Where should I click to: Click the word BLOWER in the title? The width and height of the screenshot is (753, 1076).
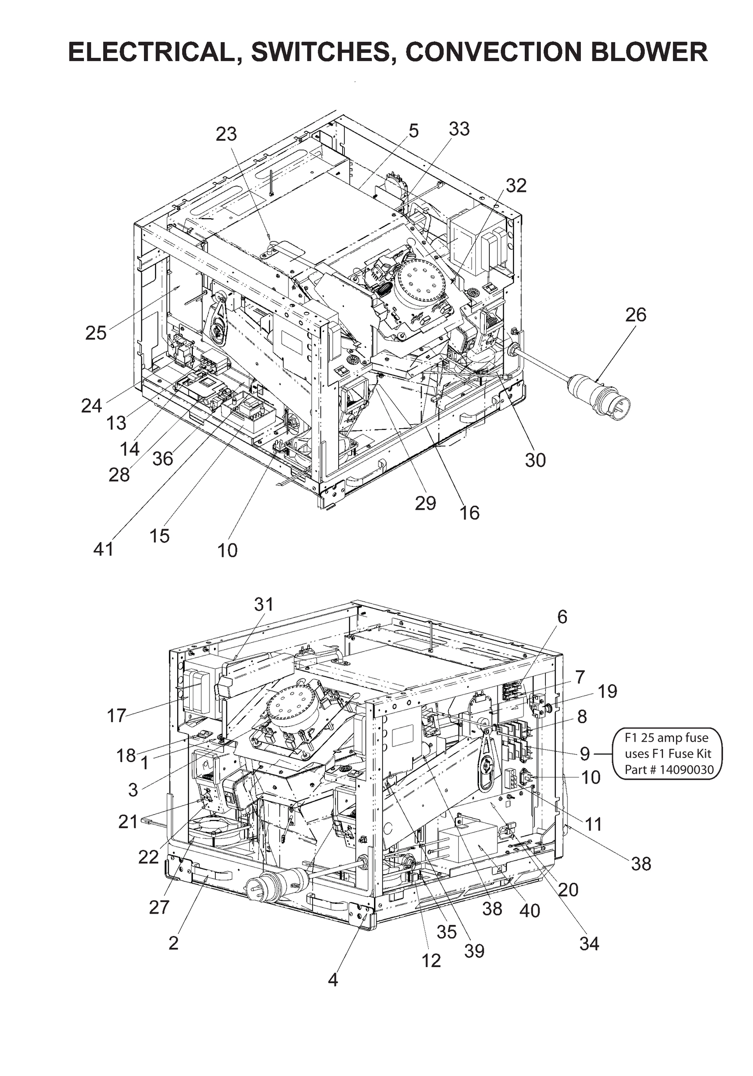pos(649,52)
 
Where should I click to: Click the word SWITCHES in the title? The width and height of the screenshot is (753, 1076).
pos(320,52)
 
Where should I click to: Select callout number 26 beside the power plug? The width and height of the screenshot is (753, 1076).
pos(635,314)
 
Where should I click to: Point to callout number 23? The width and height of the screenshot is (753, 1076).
pos(226,134)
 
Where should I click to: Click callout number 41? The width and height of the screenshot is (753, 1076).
pos(103,549)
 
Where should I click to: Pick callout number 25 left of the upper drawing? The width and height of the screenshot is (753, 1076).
pos(96,333)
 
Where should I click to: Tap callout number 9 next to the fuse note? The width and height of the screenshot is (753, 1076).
pos(584,754)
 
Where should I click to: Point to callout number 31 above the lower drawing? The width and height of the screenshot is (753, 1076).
pos(264,604)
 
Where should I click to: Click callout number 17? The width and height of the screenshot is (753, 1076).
pos(116,715)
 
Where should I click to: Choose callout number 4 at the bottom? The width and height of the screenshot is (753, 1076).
pos(332,980)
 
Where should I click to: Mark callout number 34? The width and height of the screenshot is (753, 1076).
pos(589,944)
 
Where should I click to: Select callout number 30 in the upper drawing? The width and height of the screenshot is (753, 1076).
pos(535,460)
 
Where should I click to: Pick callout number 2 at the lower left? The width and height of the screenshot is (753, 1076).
pos(173,943)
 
